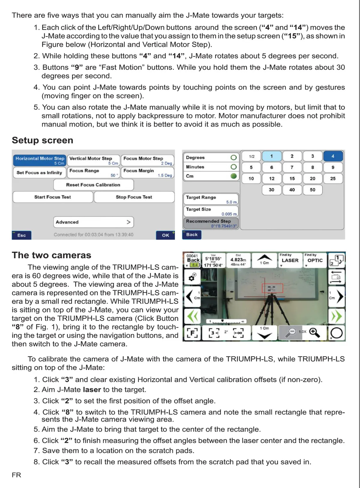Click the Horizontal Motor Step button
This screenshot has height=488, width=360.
click(x=40, y=160)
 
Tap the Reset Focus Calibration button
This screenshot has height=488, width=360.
click(x=93, y=185)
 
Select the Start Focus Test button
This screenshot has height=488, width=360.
click(x=53, y=197)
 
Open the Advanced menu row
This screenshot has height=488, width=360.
click(x=93, y=222)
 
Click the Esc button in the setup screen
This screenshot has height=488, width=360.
click(x=22, y=235)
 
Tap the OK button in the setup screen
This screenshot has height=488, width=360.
click(x=165, y=235)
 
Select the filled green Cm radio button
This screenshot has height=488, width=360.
click(x=234, y=176)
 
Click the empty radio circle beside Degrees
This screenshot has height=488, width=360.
click(x=234, y=157)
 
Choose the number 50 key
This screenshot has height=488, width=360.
click(x=312, y=190)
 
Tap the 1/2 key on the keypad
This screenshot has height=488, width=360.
click(x=251, y=156)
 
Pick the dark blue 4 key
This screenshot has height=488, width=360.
click(x=333, y=156)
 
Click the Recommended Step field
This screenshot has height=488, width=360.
click(x=211, y=223)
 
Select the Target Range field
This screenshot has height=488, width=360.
click(x=211, y=199)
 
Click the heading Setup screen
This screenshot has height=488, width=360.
click(x=43, y=140)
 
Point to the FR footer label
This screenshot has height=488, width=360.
click(x=16, y=475)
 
